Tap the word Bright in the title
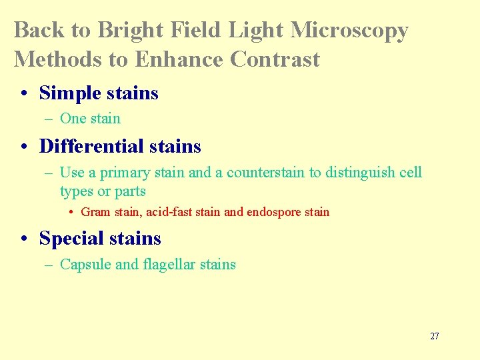(x=128, y=30)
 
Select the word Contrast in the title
(x=275, y=59)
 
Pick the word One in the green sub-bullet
(x=73, y=119)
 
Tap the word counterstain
(x=265, y=173)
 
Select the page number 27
(x=434, y=336)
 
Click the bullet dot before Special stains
(x=23, y=239)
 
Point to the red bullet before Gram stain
(x=71, y=213)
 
